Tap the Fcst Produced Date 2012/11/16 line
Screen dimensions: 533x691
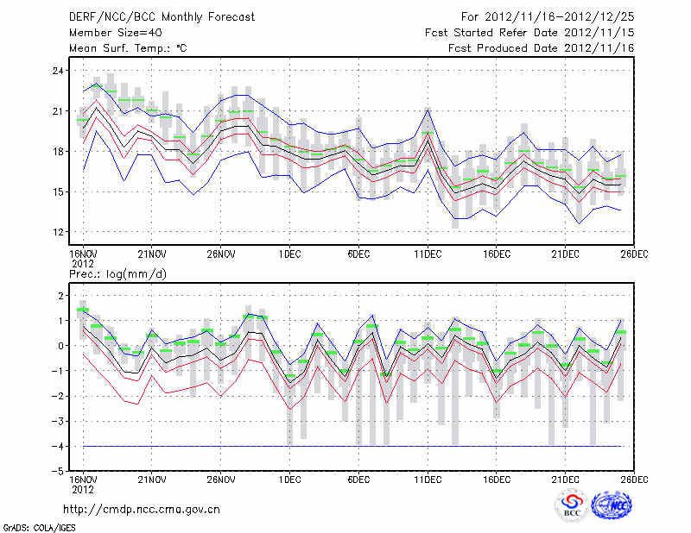(x=542, y=48)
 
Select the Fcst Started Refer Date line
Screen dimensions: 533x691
(x=529, y=33)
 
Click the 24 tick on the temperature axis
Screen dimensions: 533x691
(x=56, y=70)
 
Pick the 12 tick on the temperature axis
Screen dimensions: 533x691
(x=56, y=232)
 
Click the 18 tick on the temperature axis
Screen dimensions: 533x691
(x=56, y=151)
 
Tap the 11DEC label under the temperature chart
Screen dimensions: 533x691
(x=428, y=254)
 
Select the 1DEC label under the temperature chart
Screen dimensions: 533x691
(x=289, y=254)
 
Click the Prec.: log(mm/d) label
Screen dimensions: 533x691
(x=117, y=273)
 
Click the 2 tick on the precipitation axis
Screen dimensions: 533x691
(x=60, y=296)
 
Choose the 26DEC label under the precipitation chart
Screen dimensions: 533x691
(x=635, y=479)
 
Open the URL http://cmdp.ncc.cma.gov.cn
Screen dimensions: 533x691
(x=143, y=509)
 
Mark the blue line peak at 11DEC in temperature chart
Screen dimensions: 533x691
(x=428, y=109)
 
